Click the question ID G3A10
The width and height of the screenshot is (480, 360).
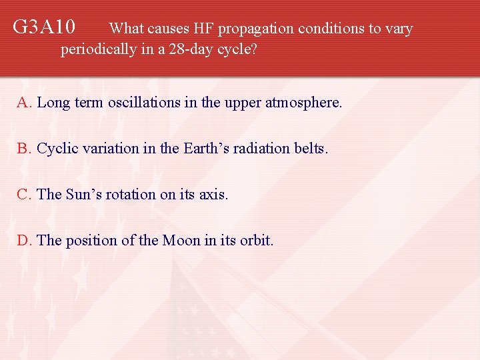pos(44,28)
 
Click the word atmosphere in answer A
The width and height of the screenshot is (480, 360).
pos(303,103)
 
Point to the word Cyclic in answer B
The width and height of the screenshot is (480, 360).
pos(55,149)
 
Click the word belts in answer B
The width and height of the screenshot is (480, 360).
pos(311,149)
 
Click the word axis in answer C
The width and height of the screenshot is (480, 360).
pos(213,195)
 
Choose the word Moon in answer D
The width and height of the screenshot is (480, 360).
pos(181,240)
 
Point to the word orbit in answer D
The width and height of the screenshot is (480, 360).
pos(256,240)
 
